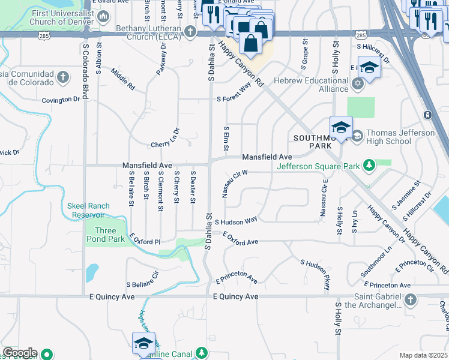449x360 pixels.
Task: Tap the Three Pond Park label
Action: point(105,235)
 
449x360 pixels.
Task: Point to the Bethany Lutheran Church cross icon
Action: point(190,31)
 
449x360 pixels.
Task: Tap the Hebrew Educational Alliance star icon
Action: point(358,83)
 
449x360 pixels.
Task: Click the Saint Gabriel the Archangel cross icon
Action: point(410,299)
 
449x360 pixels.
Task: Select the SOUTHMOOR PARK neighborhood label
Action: point(312,142)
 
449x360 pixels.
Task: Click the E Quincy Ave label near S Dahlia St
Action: point(236,296)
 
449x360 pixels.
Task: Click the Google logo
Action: point(20,353)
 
